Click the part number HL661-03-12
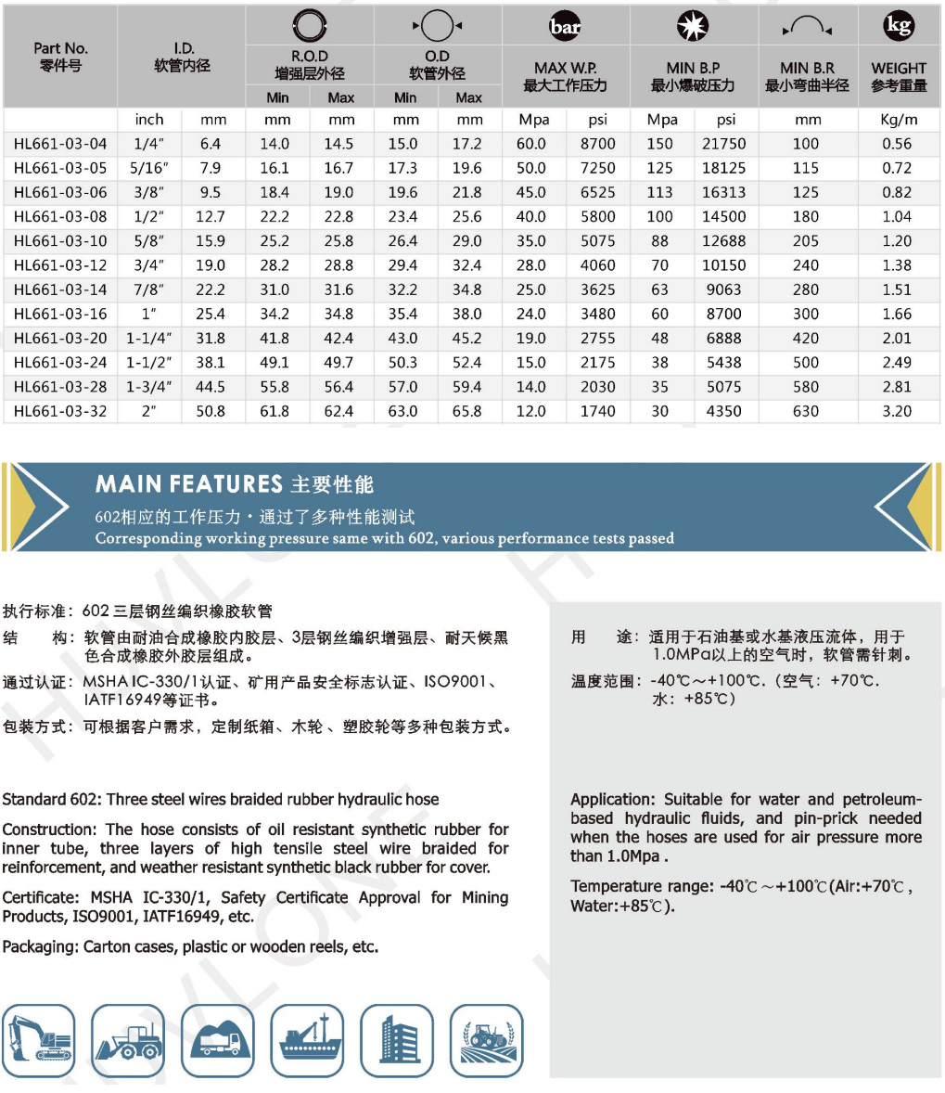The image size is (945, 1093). pos(60,265)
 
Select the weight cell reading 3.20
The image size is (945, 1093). pos(896,411)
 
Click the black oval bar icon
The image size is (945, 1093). pos(565,27)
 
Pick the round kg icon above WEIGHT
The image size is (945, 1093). pos(898,25)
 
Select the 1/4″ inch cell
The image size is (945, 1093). pos(148,144)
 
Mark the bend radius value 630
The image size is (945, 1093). pos(805,411)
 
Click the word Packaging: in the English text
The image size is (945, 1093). pos(41,947)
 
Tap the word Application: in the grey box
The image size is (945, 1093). pos(613,800)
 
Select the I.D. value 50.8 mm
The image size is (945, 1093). pos(211,411)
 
